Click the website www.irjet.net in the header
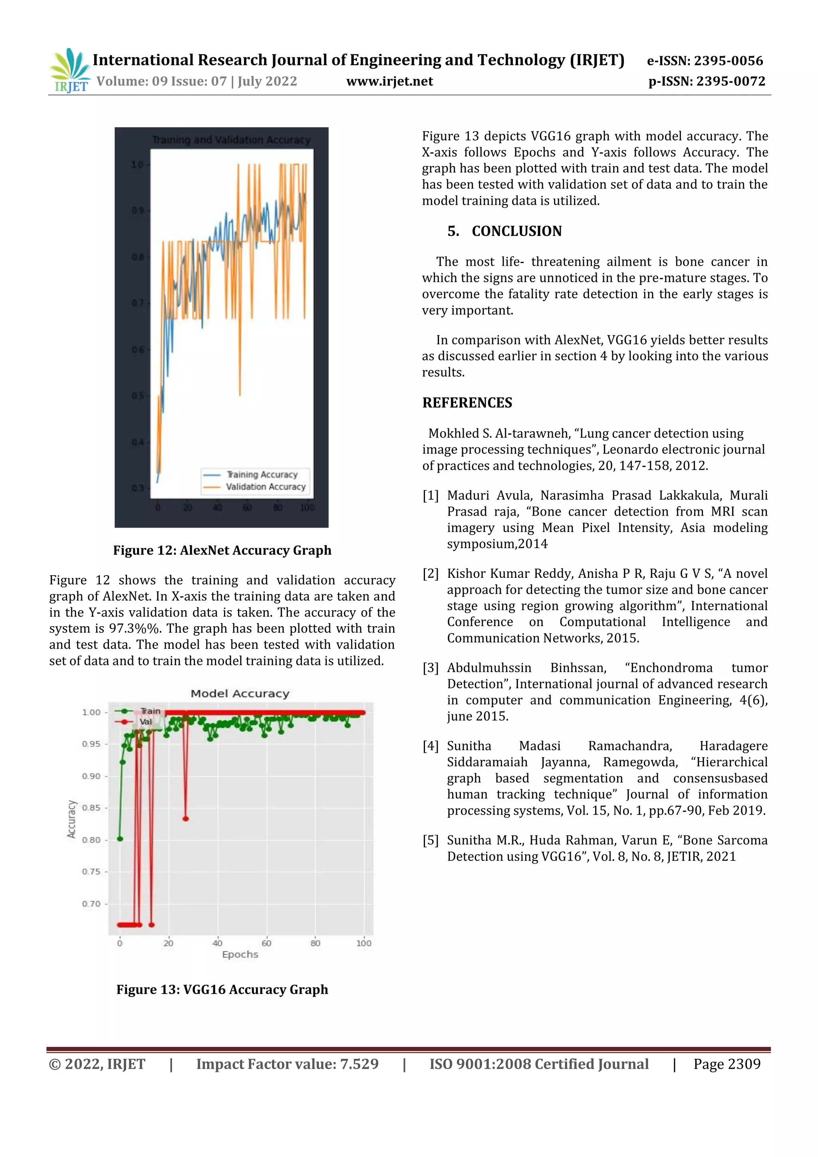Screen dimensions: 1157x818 (389, 81)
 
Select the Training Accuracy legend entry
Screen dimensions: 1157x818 (261, 474)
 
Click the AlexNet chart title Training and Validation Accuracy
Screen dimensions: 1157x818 (231, 140)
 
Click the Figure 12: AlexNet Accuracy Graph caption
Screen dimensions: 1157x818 (222, 550)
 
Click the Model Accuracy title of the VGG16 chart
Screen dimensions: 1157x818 (240, 693)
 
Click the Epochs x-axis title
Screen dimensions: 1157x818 (240, 954)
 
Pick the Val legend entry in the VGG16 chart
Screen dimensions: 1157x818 (145, 722)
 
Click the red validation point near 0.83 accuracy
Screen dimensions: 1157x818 (186, 819)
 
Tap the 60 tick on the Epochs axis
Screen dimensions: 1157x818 (266, 943)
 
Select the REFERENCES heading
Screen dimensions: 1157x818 (467, 403)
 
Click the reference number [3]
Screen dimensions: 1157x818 (430, 668)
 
